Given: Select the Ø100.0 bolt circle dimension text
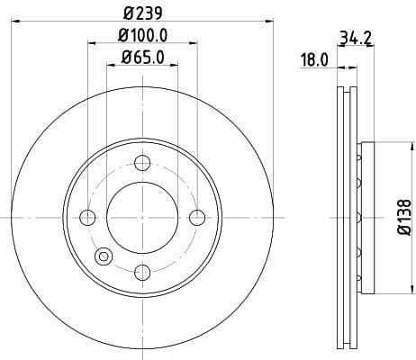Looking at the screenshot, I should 142,36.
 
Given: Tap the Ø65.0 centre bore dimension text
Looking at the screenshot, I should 142,58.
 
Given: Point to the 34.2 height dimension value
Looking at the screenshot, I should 357,38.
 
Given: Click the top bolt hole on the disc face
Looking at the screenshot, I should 141,163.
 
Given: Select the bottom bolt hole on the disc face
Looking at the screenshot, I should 141,272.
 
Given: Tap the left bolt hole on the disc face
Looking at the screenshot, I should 87,217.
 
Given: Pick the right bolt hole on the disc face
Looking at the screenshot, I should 196,217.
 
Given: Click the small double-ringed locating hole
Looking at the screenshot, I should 103,256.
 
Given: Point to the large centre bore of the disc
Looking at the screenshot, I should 141,217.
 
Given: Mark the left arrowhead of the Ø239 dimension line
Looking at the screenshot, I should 14,22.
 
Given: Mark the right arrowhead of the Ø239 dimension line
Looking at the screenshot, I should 268,22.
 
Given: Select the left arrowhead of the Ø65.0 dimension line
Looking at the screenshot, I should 109,67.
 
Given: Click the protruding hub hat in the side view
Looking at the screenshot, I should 364,217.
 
